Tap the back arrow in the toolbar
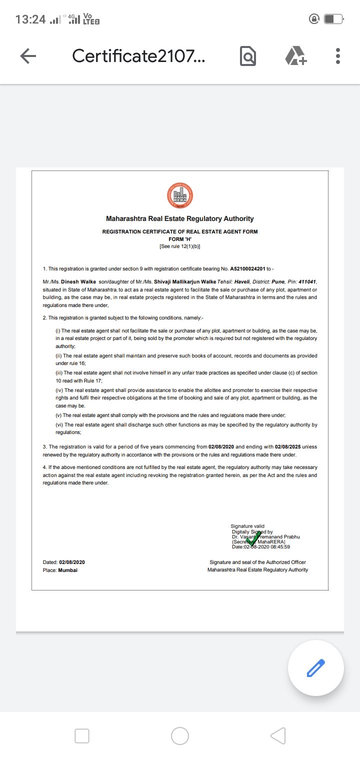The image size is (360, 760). pos(28,56)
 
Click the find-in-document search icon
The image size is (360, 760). pos(248,56)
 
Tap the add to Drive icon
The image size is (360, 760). pos(296,56)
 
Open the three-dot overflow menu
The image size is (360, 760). pos(338,56)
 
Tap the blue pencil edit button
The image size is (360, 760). pos(315,668)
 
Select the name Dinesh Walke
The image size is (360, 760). pos(78,282)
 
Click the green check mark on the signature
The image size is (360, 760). pos(253,538)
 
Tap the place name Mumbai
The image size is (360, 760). pos(68,570)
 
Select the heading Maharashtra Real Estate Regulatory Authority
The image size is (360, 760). pos(180,218)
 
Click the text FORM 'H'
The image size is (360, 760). pos(180,239)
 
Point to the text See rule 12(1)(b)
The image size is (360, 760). pos(180,246)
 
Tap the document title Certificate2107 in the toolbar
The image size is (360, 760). pos(138,56)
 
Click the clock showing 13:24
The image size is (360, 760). pos(30,19)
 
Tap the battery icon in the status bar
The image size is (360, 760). pos(333,19)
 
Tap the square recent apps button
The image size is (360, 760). pos(82,735)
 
